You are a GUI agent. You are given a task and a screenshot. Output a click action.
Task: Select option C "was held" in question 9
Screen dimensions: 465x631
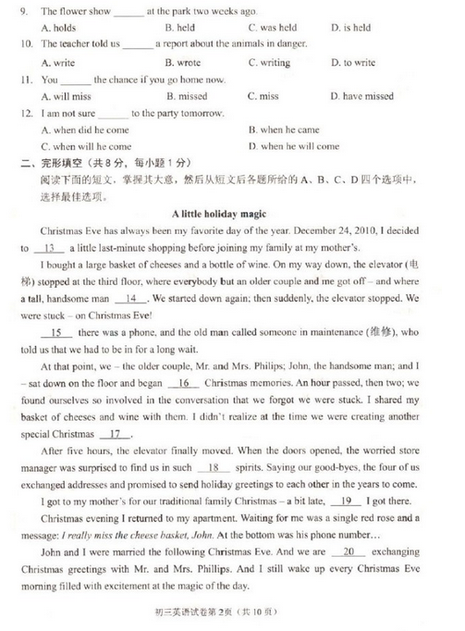click(x=273, y=28)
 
